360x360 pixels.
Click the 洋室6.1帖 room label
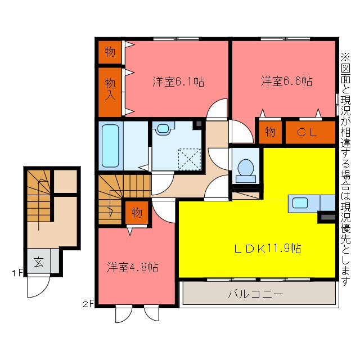[178, 82]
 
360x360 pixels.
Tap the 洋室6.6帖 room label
[286, 81]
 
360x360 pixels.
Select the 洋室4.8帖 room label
[133, 267]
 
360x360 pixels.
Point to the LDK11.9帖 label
[268, 248]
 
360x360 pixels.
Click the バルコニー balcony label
[256, 294]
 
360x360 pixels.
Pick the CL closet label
[307, 132]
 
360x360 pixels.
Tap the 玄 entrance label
[39, 262]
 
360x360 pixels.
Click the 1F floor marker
[17, 273]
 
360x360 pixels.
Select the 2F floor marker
[88, 304]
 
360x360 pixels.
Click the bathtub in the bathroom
[110, 146]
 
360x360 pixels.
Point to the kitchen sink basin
[300, 203]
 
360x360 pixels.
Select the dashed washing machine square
[190, 159]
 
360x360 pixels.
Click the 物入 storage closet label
[110, 89]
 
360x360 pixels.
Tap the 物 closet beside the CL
[270, 132]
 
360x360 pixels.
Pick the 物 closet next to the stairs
[137, 213]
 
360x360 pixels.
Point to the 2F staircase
[124, 199]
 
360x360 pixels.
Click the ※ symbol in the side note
[346, 57]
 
